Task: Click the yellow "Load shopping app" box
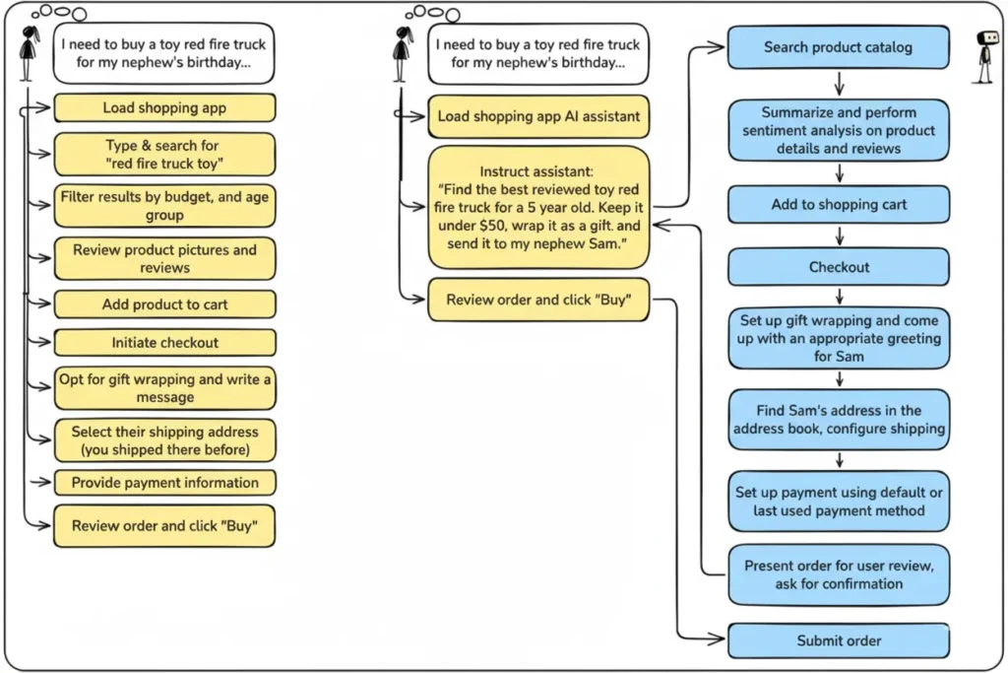(x=164, y=108)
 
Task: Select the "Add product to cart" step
(x=164, y=304)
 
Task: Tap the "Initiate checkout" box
(x=164, y=343)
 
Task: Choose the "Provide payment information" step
(x=164, y=483)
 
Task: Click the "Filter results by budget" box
(x=164, y=206)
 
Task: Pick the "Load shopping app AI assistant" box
(x=538, y=116)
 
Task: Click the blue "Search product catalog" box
(x=839, y=47)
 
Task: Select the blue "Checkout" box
(x=839, y=267)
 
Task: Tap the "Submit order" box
(x=839, y=640)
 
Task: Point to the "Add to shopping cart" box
(x=839, y=205)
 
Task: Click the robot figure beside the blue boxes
(x=986, y=56)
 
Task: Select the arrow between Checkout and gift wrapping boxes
(x=840, y=297)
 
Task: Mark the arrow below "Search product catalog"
(x=840, y=84)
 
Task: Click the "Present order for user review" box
(x=839, y=575)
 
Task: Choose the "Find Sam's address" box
(x=839, y=420)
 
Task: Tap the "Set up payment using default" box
(x=839, y=502)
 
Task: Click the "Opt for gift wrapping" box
(x=164, y=388)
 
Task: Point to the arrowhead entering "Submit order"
(x=718, y=639)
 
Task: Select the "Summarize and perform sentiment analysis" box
(x=839, y=130)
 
